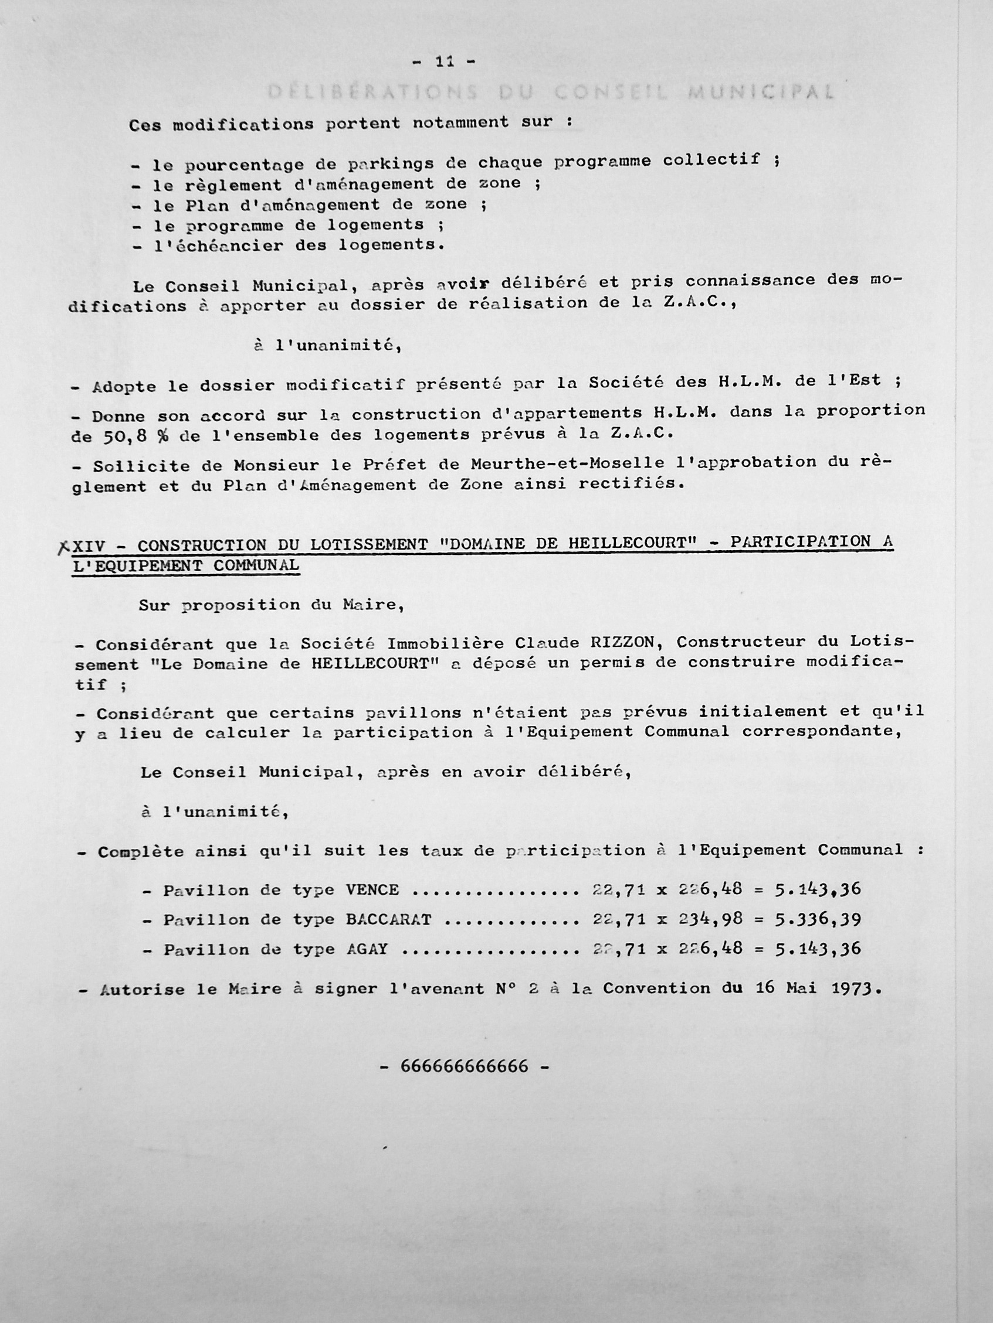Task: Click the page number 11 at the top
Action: [443, 61]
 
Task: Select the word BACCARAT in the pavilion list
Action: [388, 919]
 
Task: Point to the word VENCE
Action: [372, 890]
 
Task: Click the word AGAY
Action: [367, 949]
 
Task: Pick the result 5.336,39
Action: [818, 919]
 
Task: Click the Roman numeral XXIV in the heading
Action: [89, 546]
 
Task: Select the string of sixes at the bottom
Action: [465, 1066]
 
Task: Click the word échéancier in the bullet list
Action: [218, 246]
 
